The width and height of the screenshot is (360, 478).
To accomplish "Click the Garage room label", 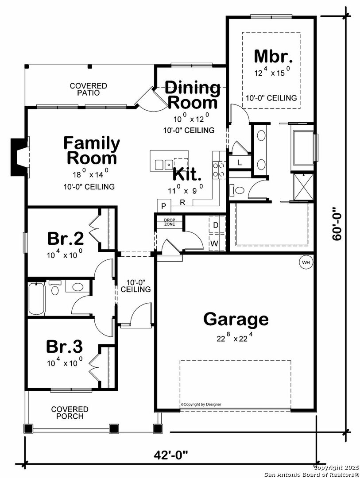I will tap(236, 319).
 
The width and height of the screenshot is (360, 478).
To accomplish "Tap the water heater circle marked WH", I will tap(306, 262).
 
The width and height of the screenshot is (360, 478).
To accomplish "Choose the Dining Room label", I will tap(193, 95).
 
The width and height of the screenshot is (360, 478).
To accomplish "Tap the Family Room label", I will tap(91, 150).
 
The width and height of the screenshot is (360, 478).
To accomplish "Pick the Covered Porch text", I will tap(70, 412).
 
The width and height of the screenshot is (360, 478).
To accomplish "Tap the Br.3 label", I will tap(65, 346).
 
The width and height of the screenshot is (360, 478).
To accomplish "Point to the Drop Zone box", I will tap(170, 222).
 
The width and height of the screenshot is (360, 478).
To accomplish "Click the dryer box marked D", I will tap(216, 225).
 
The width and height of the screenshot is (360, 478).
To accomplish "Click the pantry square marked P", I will tap(163, 206).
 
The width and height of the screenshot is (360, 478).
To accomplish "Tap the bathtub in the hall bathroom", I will tap(36, 299).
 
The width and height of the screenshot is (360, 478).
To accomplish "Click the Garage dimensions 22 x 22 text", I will tap(235, 338).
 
